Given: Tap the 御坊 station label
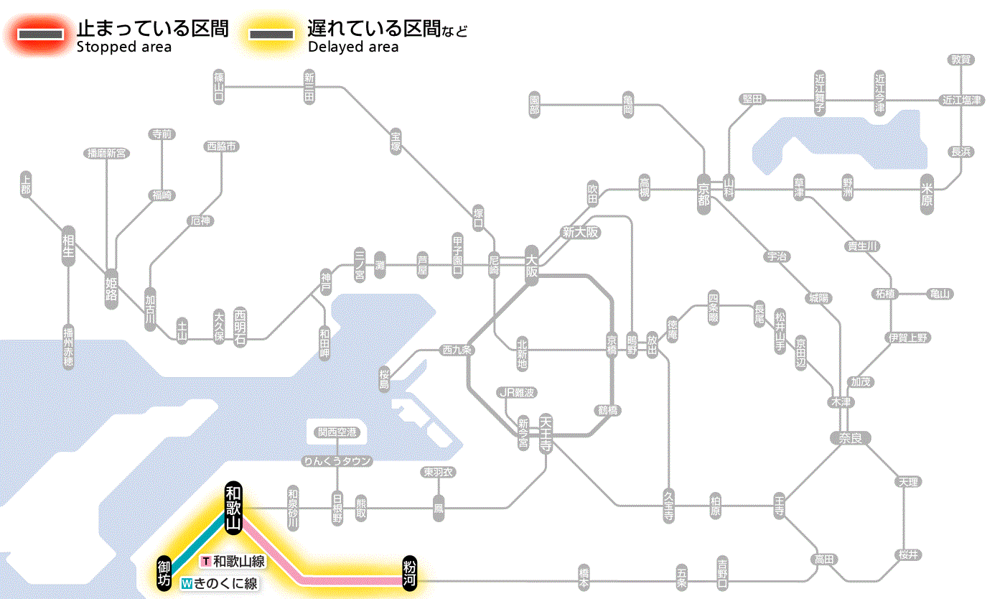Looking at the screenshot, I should pyautogui.click(x=164, y=572).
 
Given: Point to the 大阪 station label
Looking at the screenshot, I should pyautogui.click(x=531, y=266).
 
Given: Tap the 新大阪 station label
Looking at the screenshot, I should pyautogui.click(x=580, y=232).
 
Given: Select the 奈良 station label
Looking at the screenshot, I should pyautogui.click(x=850, y=437).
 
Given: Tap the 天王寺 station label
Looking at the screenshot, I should pyautogui.click(x=546, y=434).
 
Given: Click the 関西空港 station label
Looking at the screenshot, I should pyautogui.click(x=337, y=432).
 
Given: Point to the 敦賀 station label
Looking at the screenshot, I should pyautogui.click(x=961, y=60).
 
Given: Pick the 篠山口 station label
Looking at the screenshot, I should pyautogui.click(x=219, y=86).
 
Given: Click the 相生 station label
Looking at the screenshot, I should pyautogui.click(x=68, y=248).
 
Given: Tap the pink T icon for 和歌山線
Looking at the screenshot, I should pyautogui.click(x=206, y=561).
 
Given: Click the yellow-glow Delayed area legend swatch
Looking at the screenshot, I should pyautogui.click(x=271, y=34).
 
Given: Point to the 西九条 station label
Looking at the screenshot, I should pyautogui.click(x=457, y=350).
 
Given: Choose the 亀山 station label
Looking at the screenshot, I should pyautogui.click(x=940, y=294).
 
